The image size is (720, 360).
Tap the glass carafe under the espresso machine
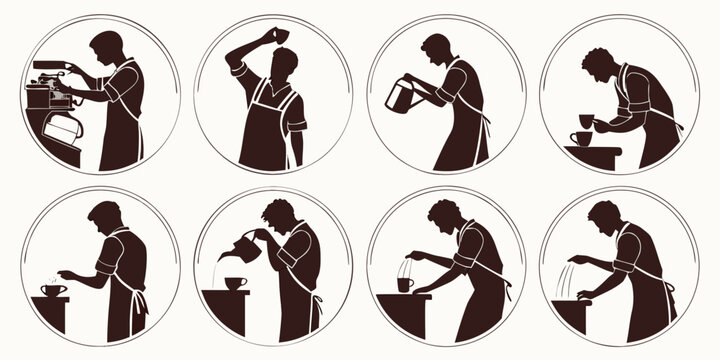60,129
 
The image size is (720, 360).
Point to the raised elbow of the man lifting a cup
234,62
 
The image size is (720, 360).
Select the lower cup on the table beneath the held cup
584,138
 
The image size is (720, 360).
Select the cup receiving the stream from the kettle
237,283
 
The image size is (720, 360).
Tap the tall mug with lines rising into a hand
404,284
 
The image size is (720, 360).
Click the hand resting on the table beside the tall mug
426,292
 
